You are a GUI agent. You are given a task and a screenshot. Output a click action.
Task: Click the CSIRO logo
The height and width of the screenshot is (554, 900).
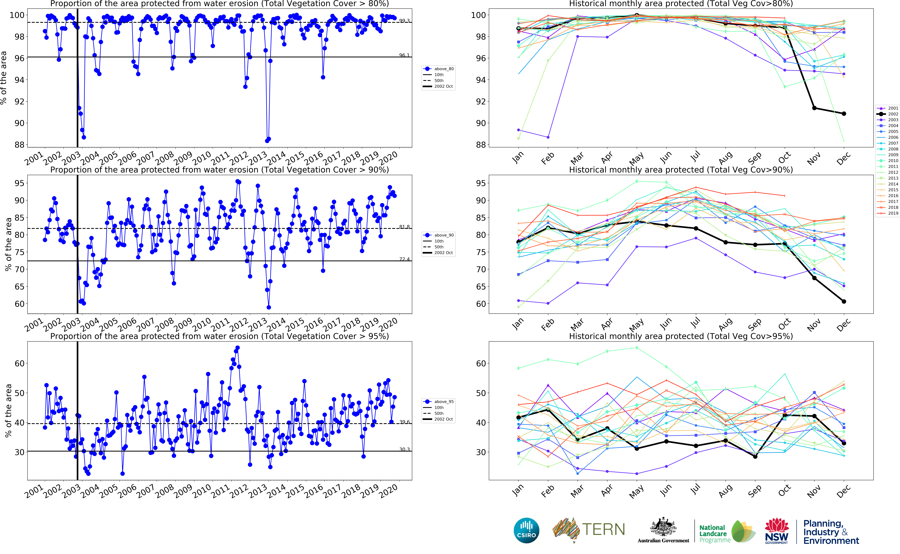526,530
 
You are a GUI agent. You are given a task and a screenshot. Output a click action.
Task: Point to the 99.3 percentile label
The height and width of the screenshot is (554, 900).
404,21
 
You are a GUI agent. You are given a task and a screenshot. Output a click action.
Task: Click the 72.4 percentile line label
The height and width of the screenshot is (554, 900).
404,259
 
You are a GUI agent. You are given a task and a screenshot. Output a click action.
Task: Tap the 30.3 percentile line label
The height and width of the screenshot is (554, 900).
404,449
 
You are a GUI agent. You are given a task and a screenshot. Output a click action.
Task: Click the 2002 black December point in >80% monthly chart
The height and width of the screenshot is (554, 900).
844,114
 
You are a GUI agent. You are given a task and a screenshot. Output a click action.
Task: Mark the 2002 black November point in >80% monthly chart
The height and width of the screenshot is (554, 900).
814,108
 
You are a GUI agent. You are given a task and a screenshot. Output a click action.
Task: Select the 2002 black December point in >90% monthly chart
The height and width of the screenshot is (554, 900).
844,302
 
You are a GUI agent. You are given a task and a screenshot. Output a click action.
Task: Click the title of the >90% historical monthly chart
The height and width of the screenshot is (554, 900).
681,170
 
